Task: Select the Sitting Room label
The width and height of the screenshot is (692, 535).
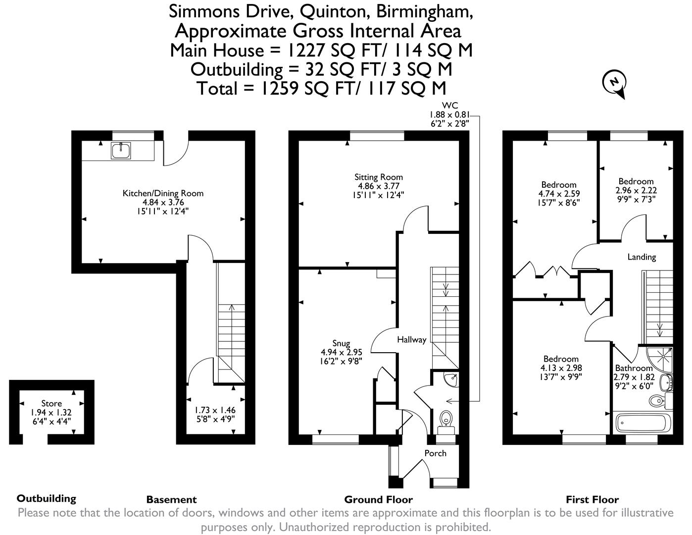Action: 378,177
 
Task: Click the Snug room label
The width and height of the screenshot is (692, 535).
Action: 341,343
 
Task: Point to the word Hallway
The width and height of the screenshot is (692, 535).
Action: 411,340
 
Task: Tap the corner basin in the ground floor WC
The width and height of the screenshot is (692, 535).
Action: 451,380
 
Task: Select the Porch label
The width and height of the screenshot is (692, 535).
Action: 435,453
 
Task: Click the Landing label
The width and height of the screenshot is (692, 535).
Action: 642,257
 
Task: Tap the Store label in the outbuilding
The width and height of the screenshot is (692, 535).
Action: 51,404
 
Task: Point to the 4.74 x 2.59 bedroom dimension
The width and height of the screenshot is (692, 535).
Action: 559,194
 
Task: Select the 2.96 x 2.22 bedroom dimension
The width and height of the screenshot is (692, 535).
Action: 636,190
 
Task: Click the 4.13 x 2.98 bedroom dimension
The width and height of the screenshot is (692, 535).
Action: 561,368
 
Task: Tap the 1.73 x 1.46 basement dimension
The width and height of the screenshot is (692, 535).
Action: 215,410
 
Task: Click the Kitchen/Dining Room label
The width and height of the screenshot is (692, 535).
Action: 163,193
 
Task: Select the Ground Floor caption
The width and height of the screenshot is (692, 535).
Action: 378,499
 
